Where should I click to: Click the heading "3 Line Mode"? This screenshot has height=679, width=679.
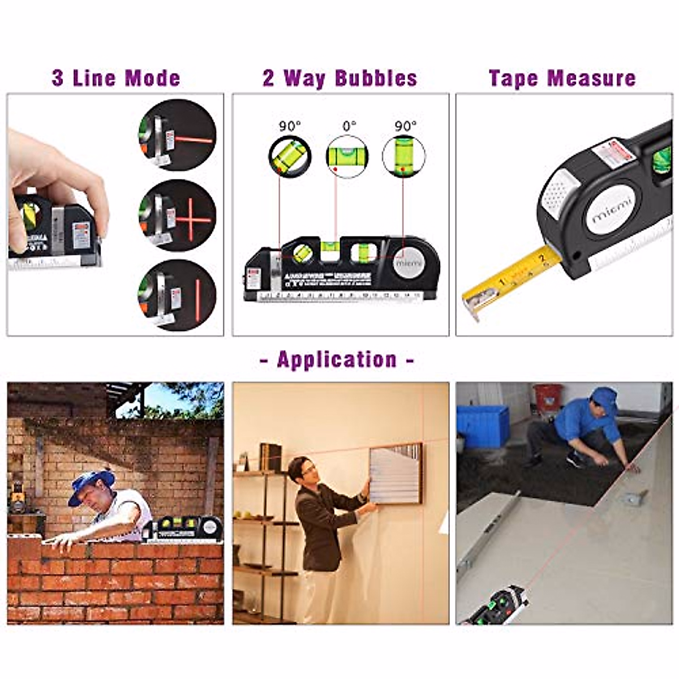pos(116,78)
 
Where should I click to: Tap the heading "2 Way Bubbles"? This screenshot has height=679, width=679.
pos(339,78)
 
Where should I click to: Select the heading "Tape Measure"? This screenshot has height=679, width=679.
pos(562,78)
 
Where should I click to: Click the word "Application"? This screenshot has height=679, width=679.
pos(337,360)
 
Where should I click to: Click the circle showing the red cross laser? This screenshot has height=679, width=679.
pos(178,216)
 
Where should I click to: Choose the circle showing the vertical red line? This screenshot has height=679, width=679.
pos(178,295)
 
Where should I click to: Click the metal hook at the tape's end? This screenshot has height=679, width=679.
pos(474,306)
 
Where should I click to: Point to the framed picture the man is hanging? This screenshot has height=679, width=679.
pos(396,474)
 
